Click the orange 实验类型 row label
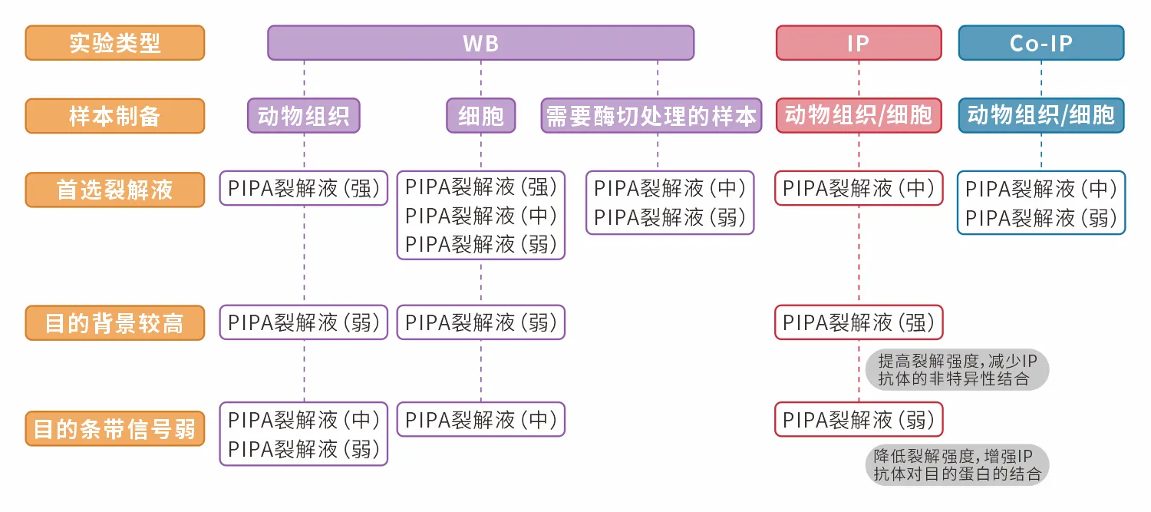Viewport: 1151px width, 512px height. [115, 43]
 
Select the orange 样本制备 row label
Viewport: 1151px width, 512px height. [115, 116]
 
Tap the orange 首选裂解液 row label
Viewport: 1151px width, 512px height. [115, 190]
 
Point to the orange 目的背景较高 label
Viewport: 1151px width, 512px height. [115, 323]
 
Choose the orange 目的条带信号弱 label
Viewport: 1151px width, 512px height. [115, 428]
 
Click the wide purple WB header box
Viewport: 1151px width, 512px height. [480, 43]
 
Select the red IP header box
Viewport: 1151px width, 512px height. [858, 43]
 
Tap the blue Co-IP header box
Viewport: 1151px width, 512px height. [1041, 43]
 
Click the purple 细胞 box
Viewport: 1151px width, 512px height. [481, 116]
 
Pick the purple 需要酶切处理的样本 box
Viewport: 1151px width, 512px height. [651, 116]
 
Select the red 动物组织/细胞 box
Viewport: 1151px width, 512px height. [858, 116]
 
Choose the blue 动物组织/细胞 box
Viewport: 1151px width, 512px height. [1041, 116]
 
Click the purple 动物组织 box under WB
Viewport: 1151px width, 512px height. [304, 116]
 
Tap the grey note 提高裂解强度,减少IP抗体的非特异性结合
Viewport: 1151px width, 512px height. [956, 370]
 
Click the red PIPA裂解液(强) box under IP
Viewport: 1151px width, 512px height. [858, 323]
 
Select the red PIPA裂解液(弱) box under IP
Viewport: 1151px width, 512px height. [858, 420]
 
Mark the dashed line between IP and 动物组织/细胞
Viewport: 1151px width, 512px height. [859, 79]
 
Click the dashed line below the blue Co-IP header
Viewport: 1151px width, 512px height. [1041, 79]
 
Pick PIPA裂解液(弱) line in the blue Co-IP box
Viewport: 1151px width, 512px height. [1041, 218]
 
